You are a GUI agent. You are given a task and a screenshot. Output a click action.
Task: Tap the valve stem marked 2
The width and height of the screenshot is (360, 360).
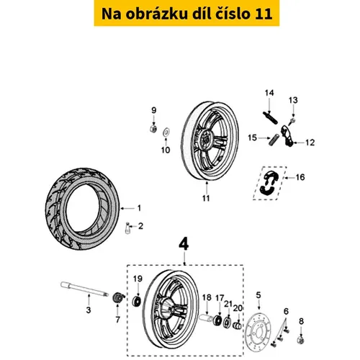point(128,228)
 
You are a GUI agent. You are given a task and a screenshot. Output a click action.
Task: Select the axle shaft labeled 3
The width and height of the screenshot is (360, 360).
point(84,289)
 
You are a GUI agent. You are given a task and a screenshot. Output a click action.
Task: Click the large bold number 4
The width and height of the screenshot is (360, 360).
point(184,245)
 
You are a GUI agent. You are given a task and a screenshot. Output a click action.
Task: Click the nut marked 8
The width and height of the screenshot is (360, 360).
point(301,340)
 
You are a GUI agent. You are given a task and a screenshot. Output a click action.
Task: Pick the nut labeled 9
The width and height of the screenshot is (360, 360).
point(153,128)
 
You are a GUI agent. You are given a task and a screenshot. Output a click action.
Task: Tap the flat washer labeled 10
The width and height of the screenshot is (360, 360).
point(166,132)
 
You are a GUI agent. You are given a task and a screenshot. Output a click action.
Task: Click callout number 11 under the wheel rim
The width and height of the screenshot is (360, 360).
point(206,198)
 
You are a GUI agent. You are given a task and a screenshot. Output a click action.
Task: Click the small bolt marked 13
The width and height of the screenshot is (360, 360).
point(292,121)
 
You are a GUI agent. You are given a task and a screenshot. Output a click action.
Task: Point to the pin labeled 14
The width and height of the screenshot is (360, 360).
point(270,117)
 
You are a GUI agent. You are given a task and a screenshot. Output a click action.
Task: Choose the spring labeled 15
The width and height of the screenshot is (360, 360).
point(274,140)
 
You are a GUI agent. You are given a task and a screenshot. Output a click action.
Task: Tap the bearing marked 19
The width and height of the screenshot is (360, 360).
point(137,301)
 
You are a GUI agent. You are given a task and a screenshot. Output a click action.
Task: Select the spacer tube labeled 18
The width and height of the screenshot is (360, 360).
point(206,318)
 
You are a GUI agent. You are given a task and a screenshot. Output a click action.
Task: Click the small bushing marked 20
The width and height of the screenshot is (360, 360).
point(238,326)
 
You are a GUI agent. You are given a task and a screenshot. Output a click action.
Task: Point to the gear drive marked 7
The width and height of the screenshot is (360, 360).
point(118,298)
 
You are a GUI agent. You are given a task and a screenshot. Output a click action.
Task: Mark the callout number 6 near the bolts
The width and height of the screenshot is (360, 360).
point(286,311)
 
